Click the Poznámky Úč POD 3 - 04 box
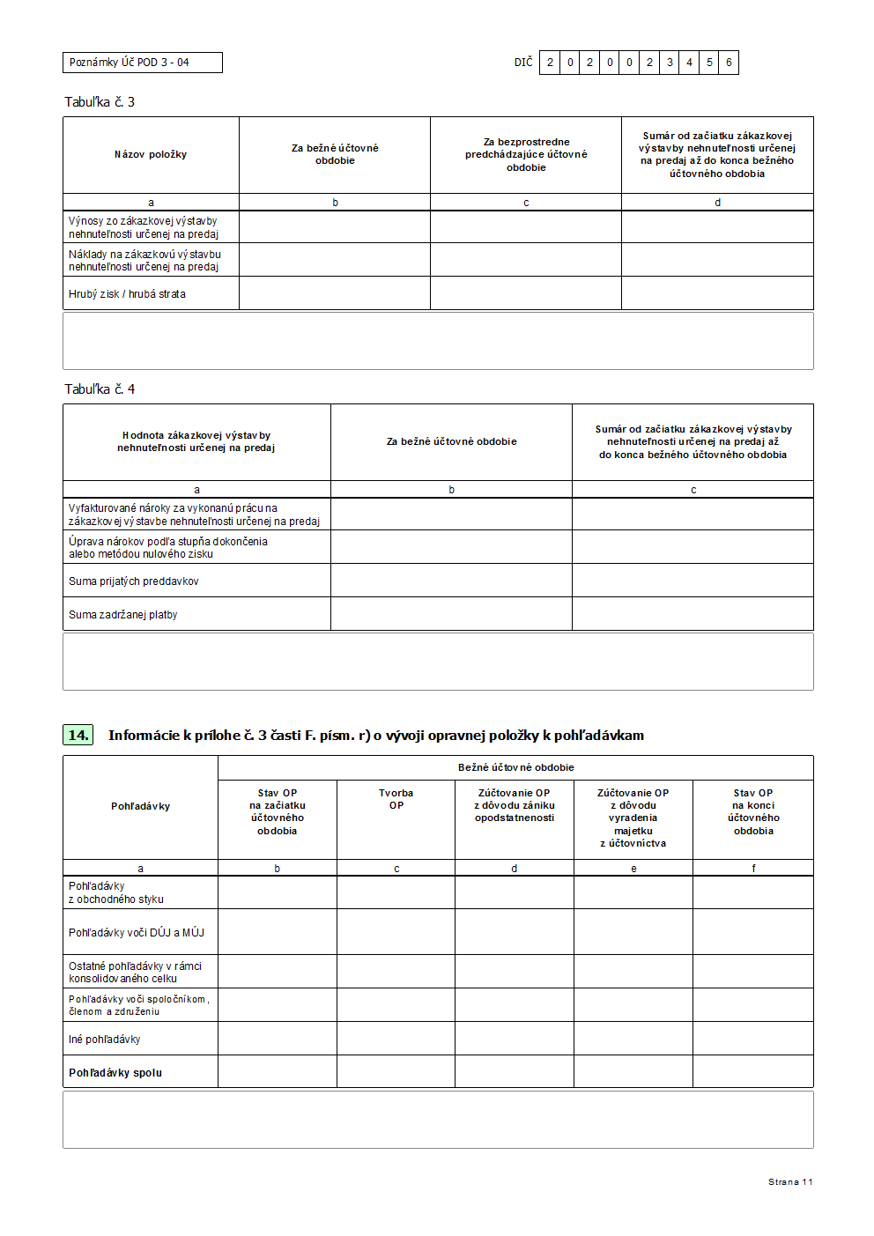(142, 63)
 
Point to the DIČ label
(523, 63)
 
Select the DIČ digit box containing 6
(729, 63)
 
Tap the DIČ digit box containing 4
(689, 63)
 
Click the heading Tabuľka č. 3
(100, 102)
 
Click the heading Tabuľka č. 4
(100, 389)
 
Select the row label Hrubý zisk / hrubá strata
(127, 294)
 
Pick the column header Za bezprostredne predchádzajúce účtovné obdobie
(526, 155)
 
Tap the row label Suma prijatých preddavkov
(134, 581)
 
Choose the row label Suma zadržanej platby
(123, 615)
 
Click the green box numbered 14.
(78, 735)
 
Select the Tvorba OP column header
(396, 799)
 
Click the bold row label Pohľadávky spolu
(115, 1073)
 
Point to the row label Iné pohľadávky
(105, 1040)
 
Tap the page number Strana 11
(790, 1182)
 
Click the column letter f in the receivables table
(753, 869)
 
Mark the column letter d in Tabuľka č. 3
(717, 203)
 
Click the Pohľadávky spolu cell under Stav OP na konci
(753, 1072)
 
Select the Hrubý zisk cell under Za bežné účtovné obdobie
(335, 293)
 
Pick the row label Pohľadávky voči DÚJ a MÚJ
(137, 933)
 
